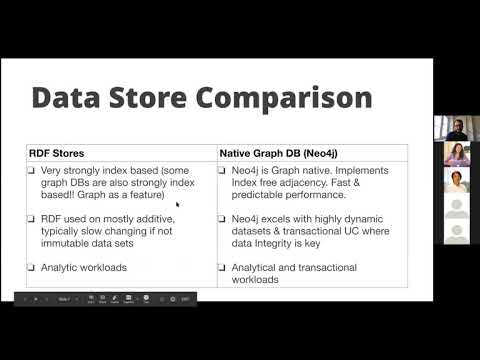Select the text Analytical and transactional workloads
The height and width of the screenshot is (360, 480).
coord(290,273)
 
